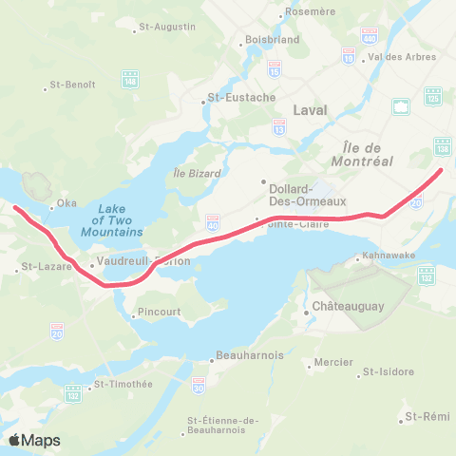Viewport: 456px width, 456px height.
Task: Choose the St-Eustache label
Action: tap(241, 97)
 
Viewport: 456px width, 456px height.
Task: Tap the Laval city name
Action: tap(310, 110)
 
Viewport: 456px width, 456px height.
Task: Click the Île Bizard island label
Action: tap(198, 174)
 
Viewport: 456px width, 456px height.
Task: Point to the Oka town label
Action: tap(66, 202)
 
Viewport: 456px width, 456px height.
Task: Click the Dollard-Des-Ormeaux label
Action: tap(298, 195)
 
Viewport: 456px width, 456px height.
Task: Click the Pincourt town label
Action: tap(158, 312)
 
